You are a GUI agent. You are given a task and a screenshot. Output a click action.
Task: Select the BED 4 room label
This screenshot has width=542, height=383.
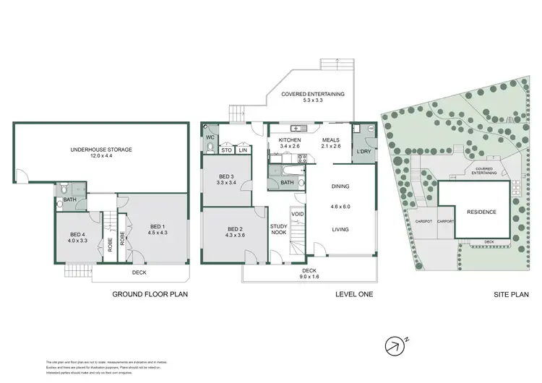pos(78,234)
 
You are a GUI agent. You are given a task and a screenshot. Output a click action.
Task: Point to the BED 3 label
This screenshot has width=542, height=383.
pos(226,178)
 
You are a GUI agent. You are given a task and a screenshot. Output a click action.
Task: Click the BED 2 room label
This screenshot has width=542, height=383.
pos(235,231)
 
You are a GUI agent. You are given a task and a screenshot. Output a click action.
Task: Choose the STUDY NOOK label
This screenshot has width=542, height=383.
pos(279,230)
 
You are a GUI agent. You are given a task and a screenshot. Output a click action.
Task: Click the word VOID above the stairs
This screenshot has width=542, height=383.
pos(296,214)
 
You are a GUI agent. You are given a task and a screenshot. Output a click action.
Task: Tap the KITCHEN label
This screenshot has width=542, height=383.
pos(290,139)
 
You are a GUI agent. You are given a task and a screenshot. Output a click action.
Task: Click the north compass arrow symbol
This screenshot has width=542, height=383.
pos(393,346)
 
